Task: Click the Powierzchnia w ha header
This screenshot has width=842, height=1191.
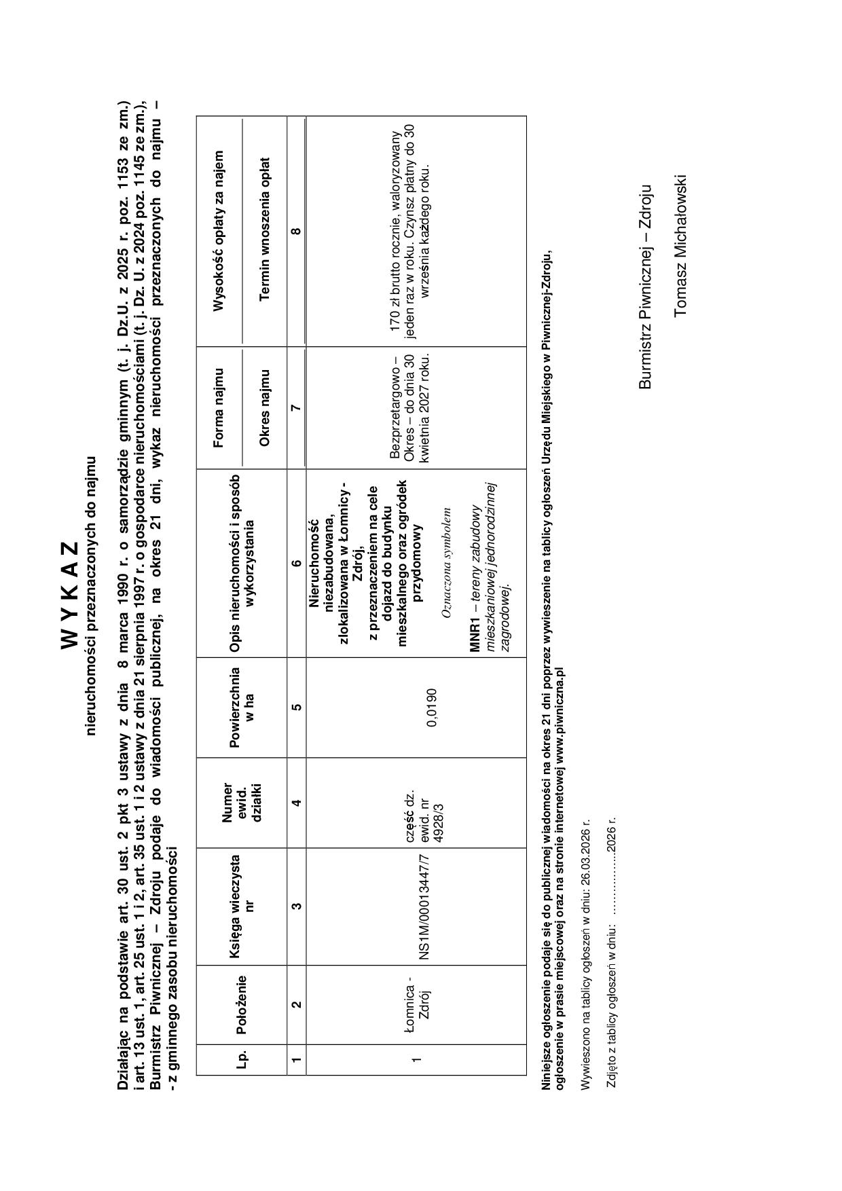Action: click(241, 707)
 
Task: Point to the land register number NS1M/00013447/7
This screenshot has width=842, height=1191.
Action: click(424, 906)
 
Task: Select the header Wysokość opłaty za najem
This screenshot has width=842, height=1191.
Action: click(219, 231)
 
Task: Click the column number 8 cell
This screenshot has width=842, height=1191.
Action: click(296, 232)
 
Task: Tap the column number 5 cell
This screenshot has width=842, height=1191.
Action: click(296, 707)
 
